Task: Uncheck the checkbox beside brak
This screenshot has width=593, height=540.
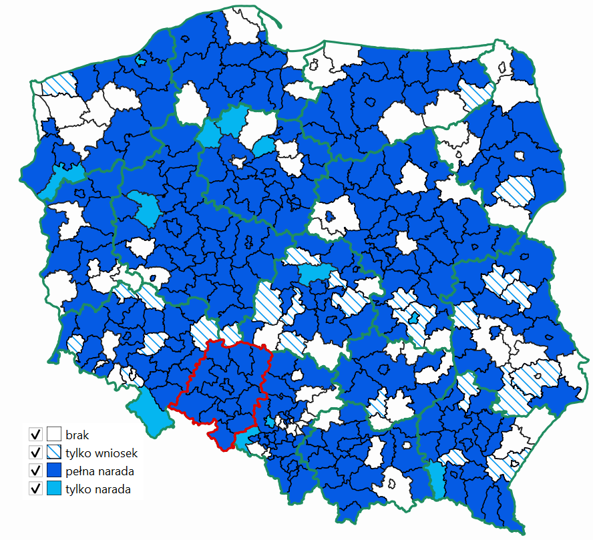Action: pyautogui.click(x=35, y=434)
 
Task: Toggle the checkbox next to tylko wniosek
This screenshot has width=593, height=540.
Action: pyautogui.click(x=35, y=453)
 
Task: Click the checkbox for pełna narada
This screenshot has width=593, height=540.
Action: pyautogui.click(x=35, y=471)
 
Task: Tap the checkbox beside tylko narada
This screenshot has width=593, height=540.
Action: pyautogui.click(x=35, y=489)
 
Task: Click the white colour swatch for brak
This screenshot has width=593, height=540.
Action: pyautogui.click(x=54, y=434)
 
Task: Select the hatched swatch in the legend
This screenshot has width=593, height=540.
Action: pyautogui.click(x=54, y=453)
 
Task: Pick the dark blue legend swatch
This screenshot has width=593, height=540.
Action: pyautogui.click(x=54, y=471)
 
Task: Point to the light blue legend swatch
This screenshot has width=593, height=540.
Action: pyautogui.click(x=54, y=489)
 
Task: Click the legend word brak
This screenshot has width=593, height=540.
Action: pyautogui.click(x=77, y=434)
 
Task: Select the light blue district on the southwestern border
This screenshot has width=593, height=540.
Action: pyautogui.click(x=150, y=411)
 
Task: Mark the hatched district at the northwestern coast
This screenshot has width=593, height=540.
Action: pyautogui.click(x=59, y=85)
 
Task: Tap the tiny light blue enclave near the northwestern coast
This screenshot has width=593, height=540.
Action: pyautogui.click(x=140, y=60)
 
